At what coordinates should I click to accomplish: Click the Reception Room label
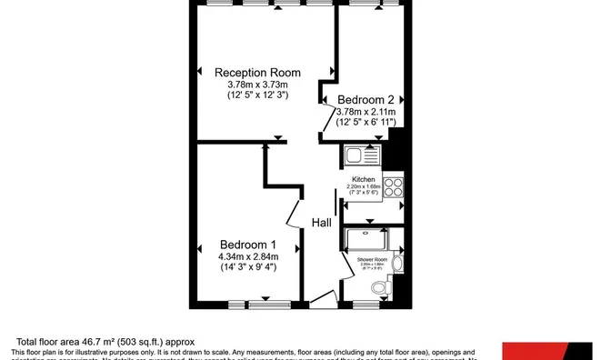pos(257,72)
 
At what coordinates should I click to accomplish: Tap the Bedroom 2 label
pos(366,99)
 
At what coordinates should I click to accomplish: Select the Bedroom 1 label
pos(248,245)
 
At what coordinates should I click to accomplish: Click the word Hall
pos(322,223)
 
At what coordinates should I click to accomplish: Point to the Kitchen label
pos(364,180)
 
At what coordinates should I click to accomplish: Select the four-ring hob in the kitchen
pos(394,187)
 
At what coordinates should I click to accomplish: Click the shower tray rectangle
pos(367,240)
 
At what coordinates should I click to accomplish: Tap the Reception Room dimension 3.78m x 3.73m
pos(257,85)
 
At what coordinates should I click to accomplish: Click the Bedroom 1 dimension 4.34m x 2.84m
pos(248,256)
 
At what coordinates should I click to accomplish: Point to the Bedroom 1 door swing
pos(295,214)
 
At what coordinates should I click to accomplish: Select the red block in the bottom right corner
pos(551,351)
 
